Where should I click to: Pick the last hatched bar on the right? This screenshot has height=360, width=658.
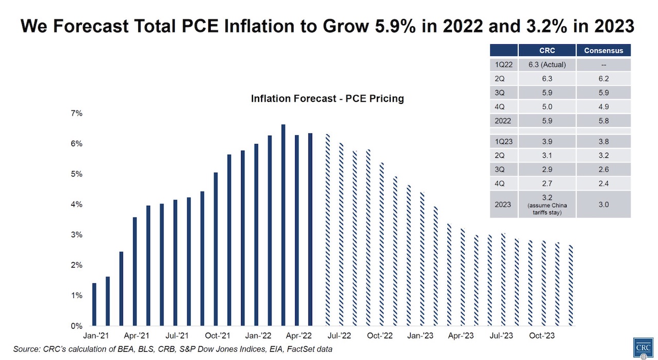[571, 285]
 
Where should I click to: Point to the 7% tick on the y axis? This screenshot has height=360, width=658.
[76, 114]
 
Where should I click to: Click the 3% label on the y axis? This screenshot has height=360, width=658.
[76, 235]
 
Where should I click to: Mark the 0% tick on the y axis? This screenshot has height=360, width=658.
[76, 326]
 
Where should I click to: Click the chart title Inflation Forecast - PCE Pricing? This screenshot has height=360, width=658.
[327, 99]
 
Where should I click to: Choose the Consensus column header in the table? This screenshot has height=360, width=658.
[604, 50]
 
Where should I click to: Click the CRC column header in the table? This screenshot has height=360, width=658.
[547, 50]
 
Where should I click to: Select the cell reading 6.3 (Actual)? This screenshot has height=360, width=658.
[547, 65]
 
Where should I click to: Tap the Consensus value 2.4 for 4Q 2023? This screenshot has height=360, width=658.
[604, 184]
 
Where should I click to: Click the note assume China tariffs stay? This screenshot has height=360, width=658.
[547, 208]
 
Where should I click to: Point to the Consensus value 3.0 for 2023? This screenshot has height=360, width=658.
[604, 204]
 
